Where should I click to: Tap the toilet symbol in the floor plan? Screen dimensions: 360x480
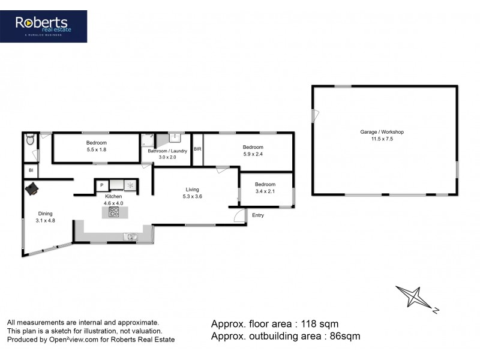(x=30, y=142)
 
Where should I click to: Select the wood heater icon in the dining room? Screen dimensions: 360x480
(x=32, y=190)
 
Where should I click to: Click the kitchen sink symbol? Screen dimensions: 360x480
(x=131, y=236)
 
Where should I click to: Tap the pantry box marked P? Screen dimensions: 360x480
(x=102, y=185)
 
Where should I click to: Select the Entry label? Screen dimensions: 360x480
(x=258, y=215)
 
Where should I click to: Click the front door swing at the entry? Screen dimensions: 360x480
(x=240, y=216)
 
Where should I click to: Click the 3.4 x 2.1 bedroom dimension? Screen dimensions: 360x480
(x=265, y=191)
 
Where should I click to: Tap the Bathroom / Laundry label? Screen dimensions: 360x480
(x=167, y=151)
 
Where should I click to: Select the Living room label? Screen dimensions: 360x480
(x=191, y=189)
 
